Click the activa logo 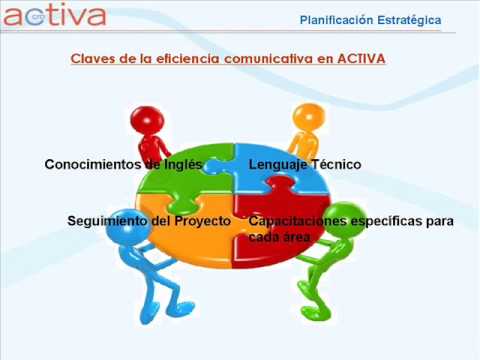click(x=55, y=15)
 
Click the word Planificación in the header click(x=336, y=20)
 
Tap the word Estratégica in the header click(x=409, y=20)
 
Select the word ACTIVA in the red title click(x=361, y=59)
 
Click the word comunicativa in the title click(x=268, y=59)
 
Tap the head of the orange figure click(x=309, y=118)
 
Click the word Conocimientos click(x=93, y=164)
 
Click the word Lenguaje click(x=277, y=165)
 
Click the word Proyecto click(x=203, y=221)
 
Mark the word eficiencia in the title click(x=188, y=59)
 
